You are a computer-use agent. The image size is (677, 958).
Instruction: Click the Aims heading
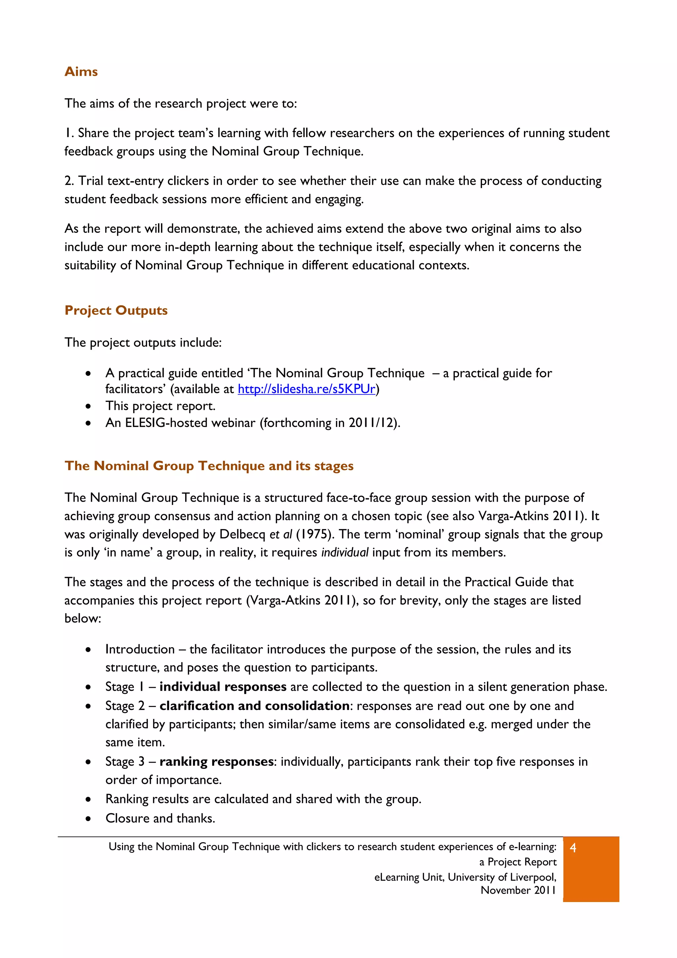click(81, 72)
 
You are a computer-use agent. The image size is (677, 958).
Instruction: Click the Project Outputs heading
click(116, 311)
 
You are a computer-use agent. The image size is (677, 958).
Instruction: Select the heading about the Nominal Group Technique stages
click(209, 466)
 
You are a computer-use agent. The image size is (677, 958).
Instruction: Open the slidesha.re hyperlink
click(306, 389)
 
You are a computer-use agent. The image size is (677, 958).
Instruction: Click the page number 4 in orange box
click(573, 848)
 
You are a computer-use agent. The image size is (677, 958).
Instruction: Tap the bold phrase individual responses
click(223, 687)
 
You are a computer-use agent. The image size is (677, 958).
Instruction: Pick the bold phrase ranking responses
click(217, 762)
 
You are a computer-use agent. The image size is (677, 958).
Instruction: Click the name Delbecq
click(242, 534)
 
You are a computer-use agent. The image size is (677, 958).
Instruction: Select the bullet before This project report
click(88, 406)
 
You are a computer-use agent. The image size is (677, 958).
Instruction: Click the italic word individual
click(344, 553)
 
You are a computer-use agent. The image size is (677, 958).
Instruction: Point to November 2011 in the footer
click(518, 891)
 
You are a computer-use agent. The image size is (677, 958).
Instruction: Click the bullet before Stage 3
click(88, 762)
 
